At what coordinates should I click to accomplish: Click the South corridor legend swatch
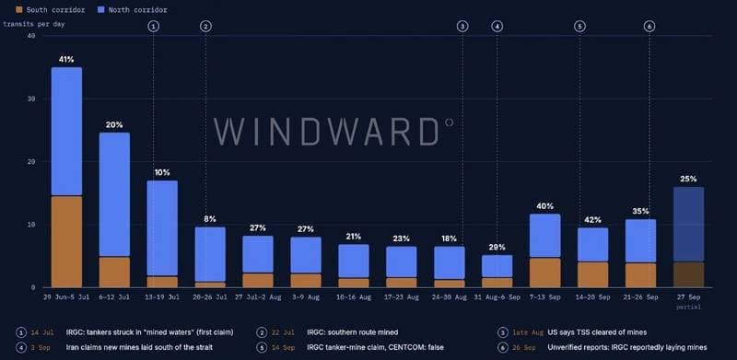point(18,9)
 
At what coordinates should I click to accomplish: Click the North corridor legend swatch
point(101,9)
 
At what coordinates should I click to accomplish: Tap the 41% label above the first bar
point(66,60)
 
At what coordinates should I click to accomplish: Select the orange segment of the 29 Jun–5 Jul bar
point(66,241)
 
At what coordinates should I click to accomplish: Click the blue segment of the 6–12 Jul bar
point(114,194)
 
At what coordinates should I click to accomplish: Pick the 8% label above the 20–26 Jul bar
point(210,219)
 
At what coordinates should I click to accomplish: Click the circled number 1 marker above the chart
point(154,27)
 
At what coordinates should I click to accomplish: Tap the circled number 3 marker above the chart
point(462,27)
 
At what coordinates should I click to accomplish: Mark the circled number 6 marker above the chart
point(649,27)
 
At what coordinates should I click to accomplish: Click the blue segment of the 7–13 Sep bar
point(545,236)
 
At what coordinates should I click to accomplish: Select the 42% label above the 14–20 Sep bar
point(592,219)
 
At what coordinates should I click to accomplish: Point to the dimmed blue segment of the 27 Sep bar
point(688,224)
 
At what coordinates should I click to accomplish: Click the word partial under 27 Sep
point(688,307)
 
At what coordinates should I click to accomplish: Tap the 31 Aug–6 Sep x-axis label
point(497,297)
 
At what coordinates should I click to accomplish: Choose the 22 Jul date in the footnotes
point(283,332)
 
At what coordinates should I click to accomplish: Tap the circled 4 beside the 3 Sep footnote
point(20,348)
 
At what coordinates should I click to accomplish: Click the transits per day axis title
point(34,24)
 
